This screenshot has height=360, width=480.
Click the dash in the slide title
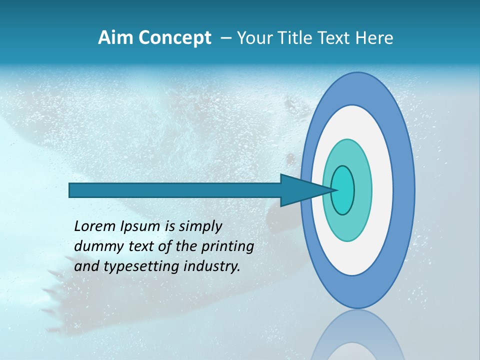tap(225, 38)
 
